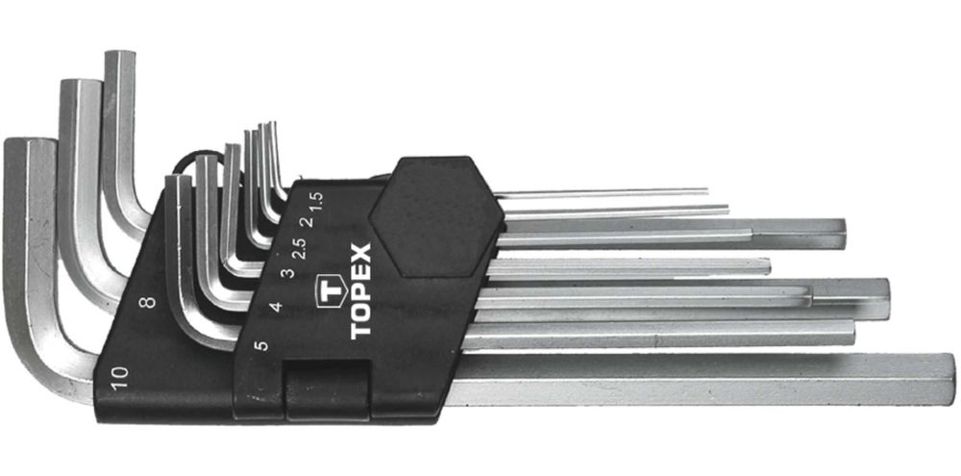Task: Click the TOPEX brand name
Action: click(x=361, y=291)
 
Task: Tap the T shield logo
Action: click(x=331, y=290)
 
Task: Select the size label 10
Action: click(x=119, y=377)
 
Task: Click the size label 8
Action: click(x=148, y=302)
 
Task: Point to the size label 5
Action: click(x=261, y=344)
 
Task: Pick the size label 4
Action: click(x=277, y=306)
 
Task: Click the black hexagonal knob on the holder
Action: click(x=436, y=216)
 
